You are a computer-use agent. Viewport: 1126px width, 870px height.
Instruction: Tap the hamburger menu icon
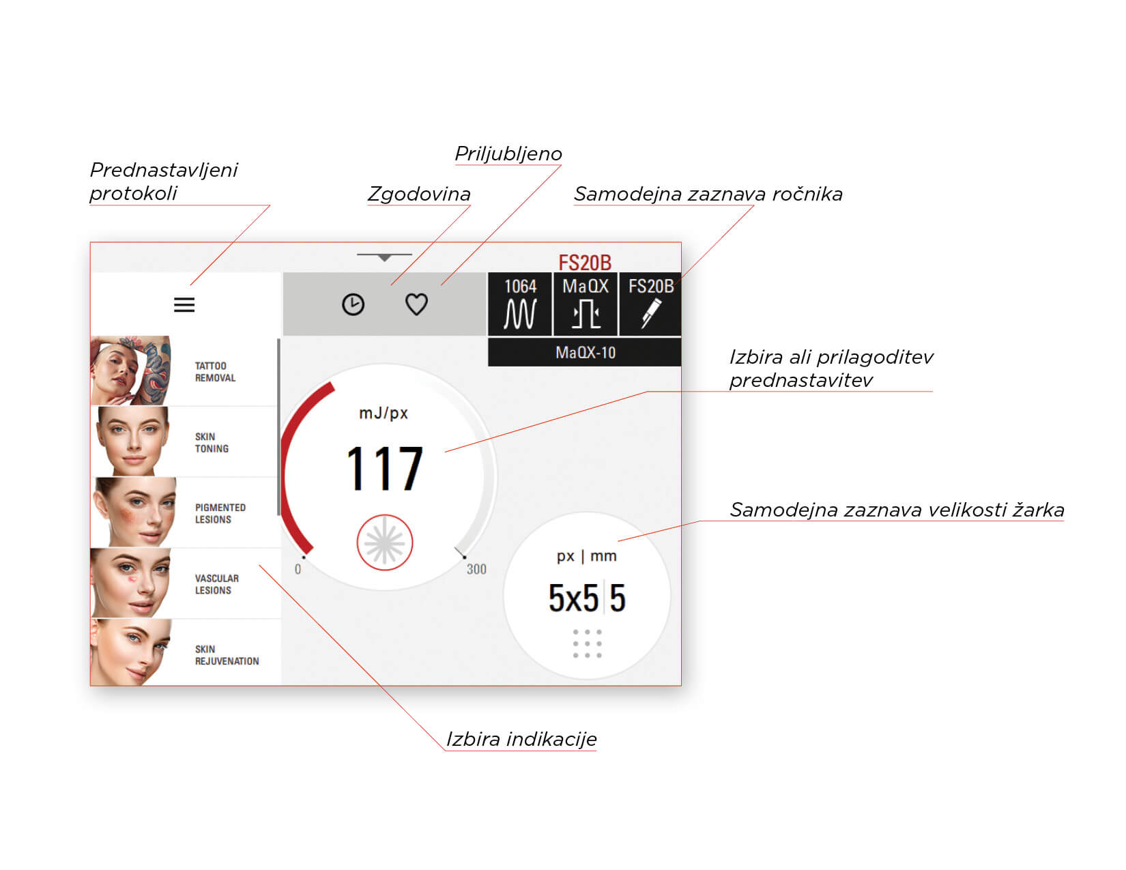(184, 305)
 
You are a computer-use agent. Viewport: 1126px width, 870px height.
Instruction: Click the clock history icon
(353, 304)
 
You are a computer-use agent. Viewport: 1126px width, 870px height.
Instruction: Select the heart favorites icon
(416, 304)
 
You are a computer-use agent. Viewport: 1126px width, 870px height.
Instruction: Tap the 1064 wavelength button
(520, 304)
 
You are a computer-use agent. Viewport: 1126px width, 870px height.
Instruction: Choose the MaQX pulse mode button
(586, 304)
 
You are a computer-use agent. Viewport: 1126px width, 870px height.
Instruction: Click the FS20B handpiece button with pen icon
(650, 304)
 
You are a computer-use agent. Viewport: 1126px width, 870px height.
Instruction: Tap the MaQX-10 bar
(585, 352)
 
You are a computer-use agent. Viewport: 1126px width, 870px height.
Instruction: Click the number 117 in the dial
(384, 468)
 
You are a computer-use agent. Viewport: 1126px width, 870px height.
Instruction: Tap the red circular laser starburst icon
(384, 542)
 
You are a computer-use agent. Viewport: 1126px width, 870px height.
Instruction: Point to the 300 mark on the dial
(476, 569)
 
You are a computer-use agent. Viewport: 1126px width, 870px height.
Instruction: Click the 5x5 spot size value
(573, 598)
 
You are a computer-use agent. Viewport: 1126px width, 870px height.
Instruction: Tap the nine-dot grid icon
(587, 643)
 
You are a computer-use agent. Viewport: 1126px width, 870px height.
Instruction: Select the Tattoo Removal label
(215, 371)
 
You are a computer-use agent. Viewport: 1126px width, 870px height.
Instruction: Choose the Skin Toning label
(212, 443)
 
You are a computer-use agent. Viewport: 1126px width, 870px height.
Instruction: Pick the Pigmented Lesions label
(220, 513)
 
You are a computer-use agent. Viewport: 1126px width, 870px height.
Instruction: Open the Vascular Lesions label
(216, 584)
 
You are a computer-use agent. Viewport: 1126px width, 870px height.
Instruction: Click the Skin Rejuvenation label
(227, 655)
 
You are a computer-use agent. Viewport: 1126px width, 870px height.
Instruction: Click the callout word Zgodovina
(419, 194)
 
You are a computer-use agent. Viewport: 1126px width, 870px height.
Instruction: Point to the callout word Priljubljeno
(508, 154)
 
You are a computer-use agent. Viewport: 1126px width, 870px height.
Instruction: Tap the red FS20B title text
(585, 263)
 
